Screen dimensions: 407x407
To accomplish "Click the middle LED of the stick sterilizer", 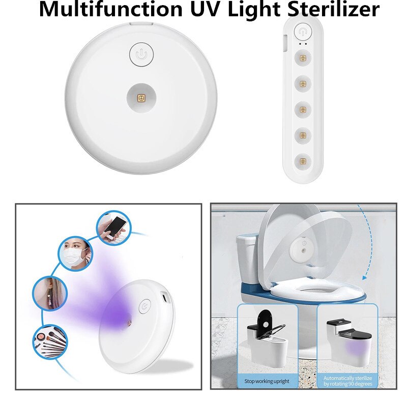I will (302, 109).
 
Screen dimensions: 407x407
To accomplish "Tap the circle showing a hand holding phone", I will (113, 227).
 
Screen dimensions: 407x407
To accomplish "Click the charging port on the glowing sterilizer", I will (165, 297).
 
